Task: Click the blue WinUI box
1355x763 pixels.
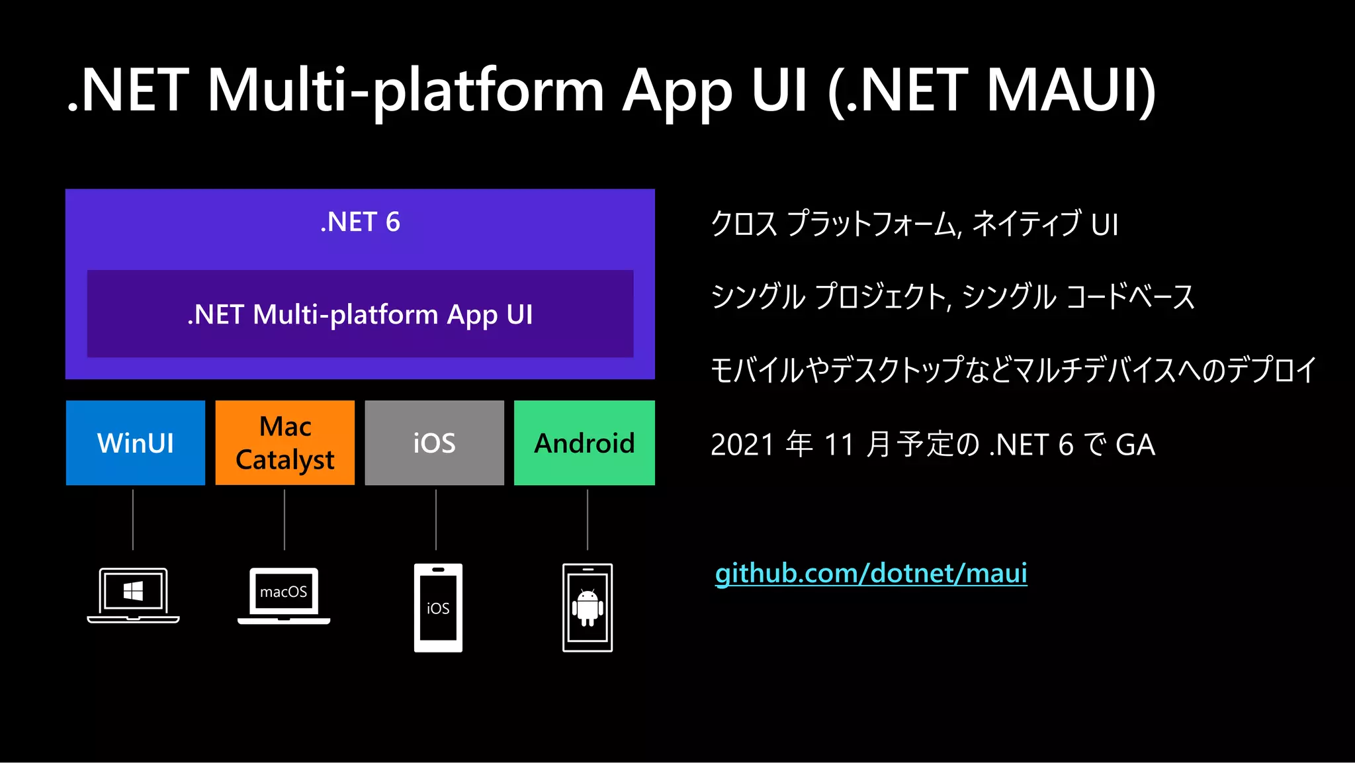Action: tap(136, 443)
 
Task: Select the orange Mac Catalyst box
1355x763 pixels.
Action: tap(284, 443)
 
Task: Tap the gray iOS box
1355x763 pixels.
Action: tap(434, 443)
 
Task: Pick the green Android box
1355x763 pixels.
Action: tap(584, 443)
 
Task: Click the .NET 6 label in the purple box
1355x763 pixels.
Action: tap(360, 222)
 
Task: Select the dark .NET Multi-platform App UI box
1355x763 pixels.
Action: tap(360, 314)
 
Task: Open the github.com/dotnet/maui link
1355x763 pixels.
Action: tap(871, 573)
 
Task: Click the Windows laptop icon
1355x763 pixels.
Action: tap(133, 595)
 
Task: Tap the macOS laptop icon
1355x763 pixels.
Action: tap(284, 595)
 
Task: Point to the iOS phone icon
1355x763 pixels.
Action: tap(438, 607)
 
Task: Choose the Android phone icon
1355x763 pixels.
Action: tap(588, 607)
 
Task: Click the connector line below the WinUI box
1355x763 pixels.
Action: tap(133, 519)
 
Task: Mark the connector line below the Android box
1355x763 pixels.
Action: tap(588, 519)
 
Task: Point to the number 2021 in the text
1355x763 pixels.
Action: tap(742, 445)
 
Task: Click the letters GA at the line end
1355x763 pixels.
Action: tap(1135, 445)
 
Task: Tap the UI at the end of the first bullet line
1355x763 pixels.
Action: tap(1104, 225)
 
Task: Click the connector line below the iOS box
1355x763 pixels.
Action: tap(436, 519)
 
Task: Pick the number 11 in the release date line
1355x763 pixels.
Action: tap(839, 445)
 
